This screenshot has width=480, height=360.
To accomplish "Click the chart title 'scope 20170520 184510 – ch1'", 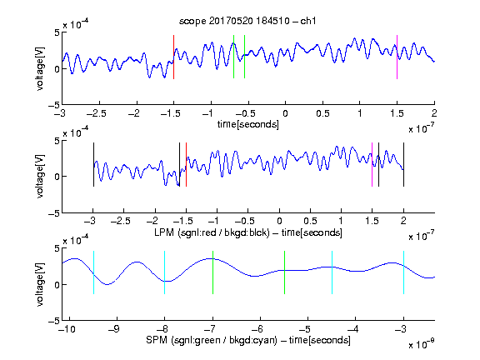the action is point(247,21).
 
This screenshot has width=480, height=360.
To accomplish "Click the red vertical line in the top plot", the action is point(173,57).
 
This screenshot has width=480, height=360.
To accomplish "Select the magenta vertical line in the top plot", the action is point(397,57).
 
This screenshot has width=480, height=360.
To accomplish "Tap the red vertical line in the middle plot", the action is point(186,164).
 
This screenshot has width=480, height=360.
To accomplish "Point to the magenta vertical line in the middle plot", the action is point(372,164).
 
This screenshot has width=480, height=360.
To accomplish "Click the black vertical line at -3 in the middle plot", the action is point(93,164).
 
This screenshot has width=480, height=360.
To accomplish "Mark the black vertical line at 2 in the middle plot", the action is point(403,164).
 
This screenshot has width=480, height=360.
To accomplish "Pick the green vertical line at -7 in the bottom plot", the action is point(212,272).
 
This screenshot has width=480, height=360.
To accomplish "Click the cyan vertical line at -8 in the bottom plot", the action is point(165,272).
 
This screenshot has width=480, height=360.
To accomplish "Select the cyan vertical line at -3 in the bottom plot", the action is point(403,272).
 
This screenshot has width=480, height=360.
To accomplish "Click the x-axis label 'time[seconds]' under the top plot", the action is point(248,124).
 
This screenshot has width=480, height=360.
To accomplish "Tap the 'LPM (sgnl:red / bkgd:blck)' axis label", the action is point(212,232).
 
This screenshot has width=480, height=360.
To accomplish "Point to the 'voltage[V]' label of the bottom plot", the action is point(40,284).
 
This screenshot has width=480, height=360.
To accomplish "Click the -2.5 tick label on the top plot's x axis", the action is point(97,113).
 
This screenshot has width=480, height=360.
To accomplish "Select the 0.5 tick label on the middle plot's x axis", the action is point(310,221).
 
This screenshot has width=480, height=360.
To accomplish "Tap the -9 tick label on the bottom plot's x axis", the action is point(114,329).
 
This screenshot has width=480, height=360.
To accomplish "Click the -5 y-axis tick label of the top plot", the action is point(53,105).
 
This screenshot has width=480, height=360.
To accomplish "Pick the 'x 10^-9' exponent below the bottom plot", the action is point(421,344).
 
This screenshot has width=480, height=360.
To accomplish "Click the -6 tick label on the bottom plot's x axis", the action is point(257,329).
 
